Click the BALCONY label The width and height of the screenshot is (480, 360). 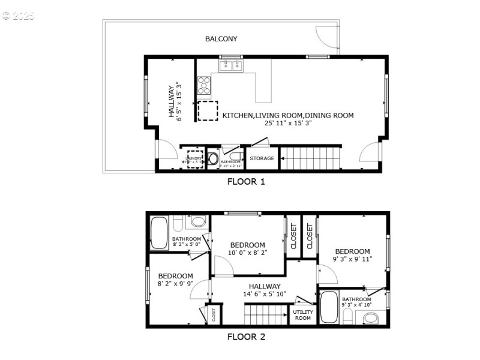click(221, 39)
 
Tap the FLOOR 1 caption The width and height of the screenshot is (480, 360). click(246, 181)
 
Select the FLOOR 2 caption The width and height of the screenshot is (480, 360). click(246, 337)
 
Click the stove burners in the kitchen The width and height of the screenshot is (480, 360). click(205, 85)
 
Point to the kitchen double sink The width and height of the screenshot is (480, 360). click(230, 65)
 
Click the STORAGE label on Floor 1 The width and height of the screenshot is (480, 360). click(262, 159)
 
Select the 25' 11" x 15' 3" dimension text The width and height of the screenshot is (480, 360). click(288, 123)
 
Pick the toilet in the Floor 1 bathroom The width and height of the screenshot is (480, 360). click(213, 160)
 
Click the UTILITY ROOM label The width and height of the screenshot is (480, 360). click(302, 315)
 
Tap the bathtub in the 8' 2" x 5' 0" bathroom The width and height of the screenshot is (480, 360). click(159, 232)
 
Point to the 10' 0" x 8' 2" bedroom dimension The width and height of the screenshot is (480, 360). click(247, 253)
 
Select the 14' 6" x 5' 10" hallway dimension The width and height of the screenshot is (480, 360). click(265, 294)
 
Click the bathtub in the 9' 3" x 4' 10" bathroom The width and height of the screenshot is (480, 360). click(329, 307)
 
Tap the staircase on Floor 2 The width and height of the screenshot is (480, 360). click(266, 314)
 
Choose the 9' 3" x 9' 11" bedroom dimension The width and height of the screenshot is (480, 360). click(352, 259)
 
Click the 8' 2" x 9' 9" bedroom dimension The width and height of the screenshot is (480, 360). click(175, 283)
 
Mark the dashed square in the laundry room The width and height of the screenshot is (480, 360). click(195, 159)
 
